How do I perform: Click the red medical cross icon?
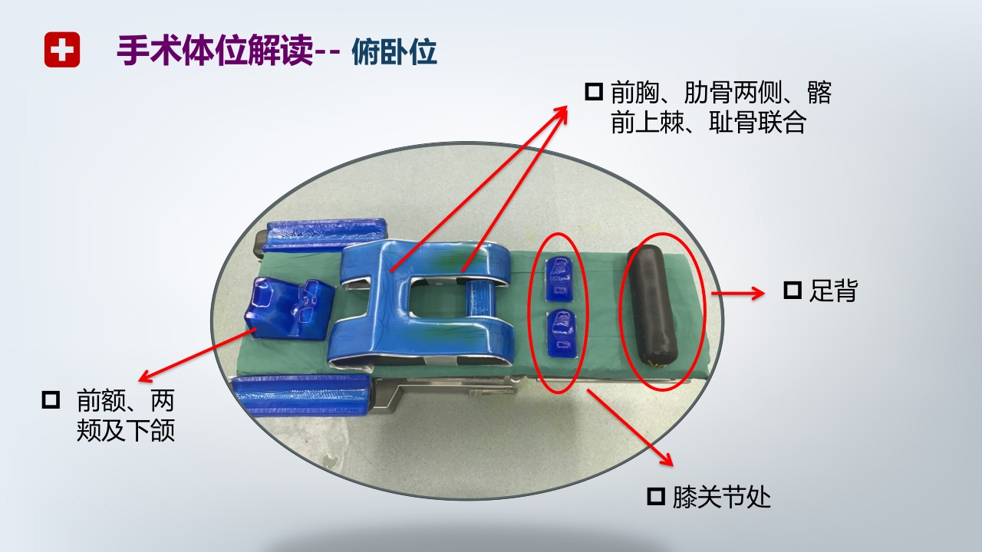pos(62,51)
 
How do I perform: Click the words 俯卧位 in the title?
pos(394,52)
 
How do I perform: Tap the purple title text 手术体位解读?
pos(215,51)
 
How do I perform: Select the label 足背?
pos(832,291)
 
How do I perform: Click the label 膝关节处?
pos(721,498)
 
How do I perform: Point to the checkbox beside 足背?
pos(792,291)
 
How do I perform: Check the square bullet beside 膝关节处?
pos(656,497)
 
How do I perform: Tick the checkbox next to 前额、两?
pos(51,400)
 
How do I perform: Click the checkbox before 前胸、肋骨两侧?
pos(594,92)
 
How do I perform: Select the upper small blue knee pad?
pos(559,279)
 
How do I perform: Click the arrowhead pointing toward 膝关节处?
pos(667,460)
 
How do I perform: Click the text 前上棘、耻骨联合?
pos(708,123)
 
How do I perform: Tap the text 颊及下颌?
pos(126,431)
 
